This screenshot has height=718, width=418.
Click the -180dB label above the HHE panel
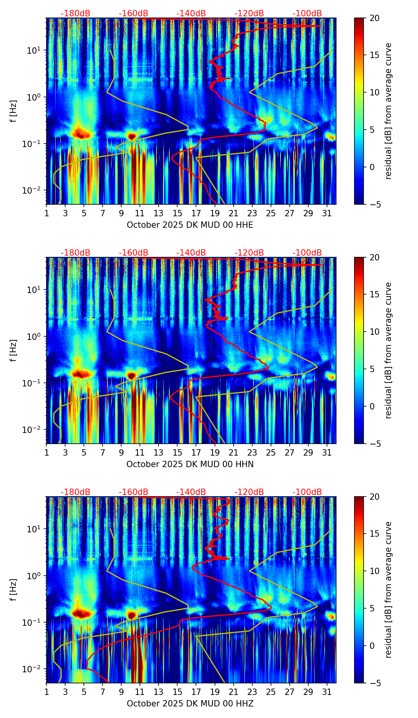point(75,14)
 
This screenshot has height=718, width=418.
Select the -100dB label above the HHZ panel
point(307,492)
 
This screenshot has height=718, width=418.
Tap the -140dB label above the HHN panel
point(191,253)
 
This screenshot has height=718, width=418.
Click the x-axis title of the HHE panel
point(190,225)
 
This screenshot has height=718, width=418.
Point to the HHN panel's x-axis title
point(190,464)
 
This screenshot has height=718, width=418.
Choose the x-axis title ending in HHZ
point(190,704)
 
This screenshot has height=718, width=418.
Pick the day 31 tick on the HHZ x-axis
point(327,692)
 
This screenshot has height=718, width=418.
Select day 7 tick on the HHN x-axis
point(103,452)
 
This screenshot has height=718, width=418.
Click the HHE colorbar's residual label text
point(389,111)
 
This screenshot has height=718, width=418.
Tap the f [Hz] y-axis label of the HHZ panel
point(14,590)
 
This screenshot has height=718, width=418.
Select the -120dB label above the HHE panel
point(249,14)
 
